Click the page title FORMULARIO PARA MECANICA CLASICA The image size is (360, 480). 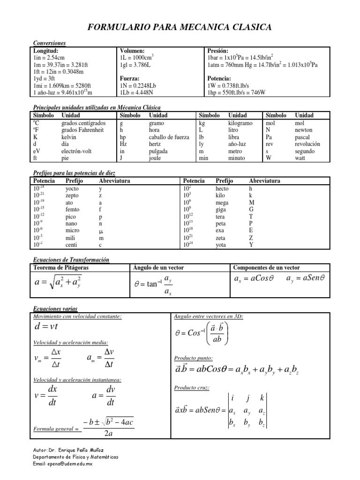(x=180, y=28)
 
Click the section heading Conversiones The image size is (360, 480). (x=49, y=43)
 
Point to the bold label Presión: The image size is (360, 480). (x=217, y=51)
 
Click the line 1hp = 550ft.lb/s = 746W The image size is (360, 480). (x=236, y=92)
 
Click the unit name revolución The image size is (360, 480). (x=307, y=144)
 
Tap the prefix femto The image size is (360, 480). (x=73, y=210)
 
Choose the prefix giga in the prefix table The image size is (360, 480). (x=221, y=210)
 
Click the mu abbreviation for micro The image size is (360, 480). (x=100, y=231)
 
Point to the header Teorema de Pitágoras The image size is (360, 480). (x=60, y=268)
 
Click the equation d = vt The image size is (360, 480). (x=46, y=326)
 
